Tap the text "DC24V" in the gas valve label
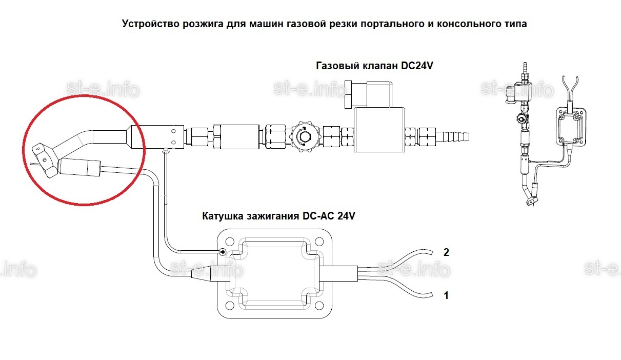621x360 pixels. [x=417, y=66]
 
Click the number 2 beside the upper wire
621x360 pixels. [x=446, y=252]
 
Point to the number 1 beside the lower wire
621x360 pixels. [x=446, y=295]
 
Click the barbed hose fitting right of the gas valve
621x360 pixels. [x=452, y=136]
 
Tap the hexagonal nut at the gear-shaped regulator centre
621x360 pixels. [x=305, y=136]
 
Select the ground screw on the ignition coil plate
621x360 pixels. [x=223, y=252]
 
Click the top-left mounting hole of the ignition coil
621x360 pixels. [x=230, y=242]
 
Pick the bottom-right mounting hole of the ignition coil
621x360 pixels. [x=319, y=306]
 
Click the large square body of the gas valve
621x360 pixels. [x=379, y=130]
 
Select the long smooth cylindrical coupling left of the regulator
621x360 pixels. [x=236, y=137]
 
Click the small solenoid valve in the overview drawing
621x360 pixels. [x=518, y=93]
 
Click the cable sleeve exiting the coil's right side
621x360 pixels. [x=338, y=273]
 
